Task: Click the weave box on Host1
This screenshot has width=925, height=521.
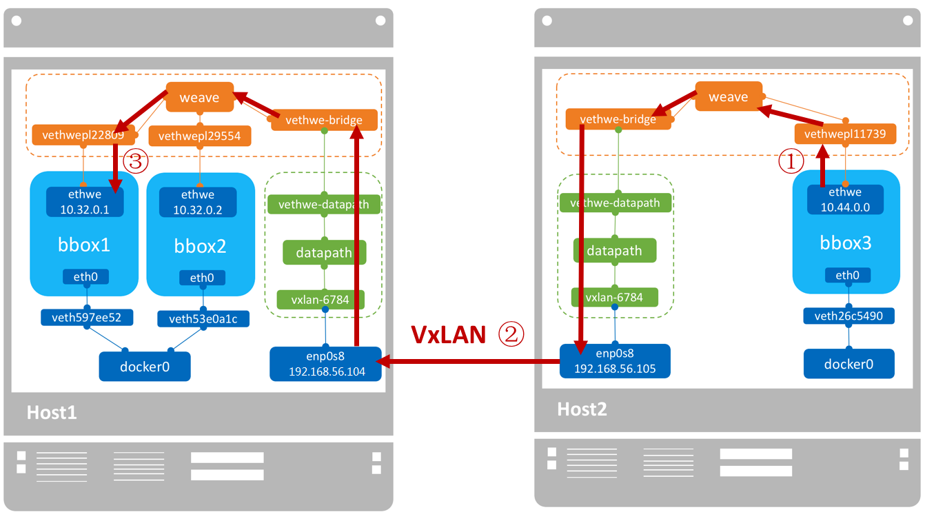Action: (199, 97)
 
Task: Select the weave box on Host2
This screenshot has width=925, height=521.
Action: (729, 96)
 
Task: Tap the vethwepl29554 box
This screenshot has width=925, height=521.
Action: (200, 136)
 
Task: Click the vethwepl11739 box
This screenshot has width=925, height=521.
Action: (845, 134)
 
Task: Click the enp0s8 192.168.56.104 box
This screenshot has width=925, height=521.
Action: (325, 363)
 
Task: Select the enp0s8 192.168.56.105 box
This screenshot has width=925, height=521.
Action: (615, 360)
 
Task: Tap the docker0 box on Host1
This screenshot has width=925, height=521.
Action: (145, 367)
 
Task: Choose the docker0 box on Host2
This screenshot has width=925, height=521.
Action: (848, 363)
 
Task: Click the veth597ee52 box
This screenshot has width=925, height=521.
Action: (87, 318)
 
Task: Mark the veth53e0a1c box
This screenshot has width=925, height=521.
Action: (203, 318)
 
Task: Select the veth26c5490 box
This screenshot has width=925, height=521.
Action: (848, 316)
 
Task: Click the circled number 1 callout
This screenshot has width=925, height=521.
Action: (791, 162)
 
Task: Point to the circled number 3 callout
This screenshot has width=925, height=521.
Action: (135, 162)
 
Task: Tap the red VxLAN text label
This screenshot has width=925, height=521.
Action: (449, 334)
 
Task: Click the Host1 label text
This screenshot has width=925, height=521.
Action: (52, 413)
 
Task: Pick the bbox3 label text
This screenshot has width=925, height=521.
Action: (846, 243)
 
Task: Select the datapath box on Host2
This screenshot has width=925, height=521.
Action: (614, 251)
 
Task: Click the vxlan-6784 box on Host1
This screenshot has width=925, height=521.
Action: (320, 300)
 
